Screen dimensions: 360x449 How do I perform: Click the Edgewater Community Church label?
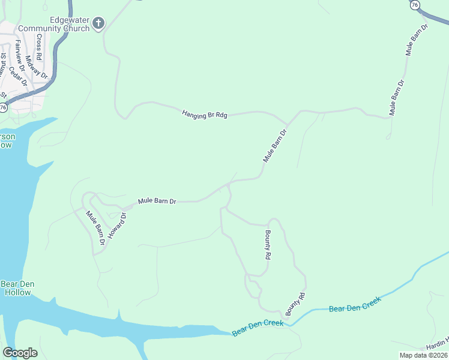54,24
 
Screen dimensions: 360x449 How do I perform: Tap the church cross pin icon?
98,25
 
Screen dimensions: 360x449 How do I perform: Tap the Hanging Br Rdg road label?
205,114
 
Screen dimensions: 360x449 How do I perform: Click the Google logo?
20,353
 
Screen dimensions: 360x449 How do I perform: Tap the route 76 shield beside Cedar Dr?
3,107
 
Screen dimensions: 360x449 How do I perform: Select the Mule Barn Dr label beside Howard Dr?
95,227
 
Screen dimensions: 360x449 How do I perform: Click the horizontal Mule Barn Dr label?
157,202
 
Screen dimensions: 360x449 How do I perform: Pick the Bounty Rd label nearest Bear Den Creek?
296,305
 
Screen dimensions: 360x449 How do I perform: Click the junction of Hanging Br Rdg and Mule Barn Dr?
288,126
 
